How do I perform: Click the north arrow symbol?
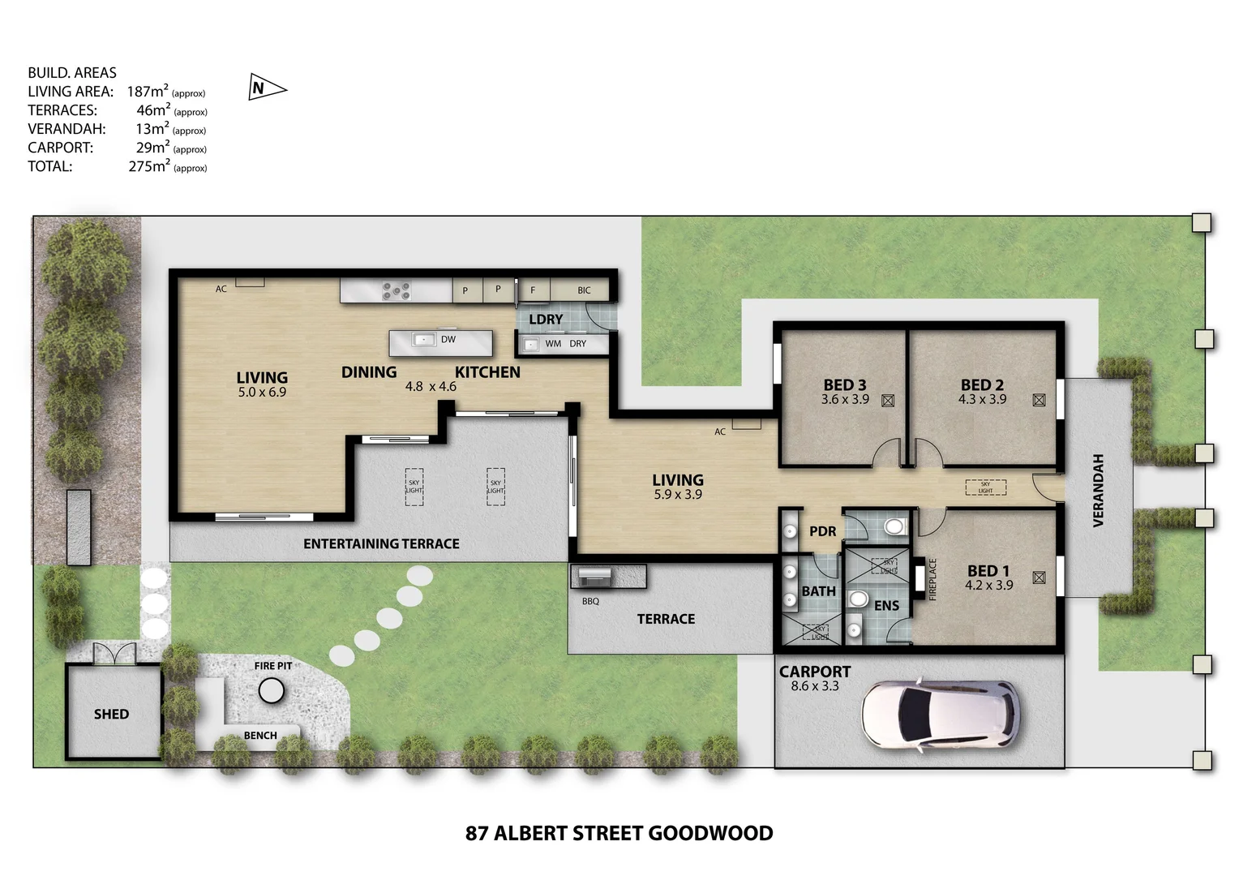click(265, 88)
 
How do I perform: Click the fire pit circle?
click(272, 691)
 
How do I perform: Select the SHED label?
click(111, 714)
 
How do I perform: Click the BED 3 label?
click(844, 384)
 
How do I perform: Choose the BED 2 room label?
click(982, 384)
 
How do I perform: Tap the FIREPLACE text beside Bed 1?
click(932, 579)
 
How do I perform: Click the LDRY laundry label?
click(546, 320)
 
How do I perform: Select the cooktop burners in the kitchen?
click(397, 290)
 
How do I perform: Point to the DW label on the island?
click(448, 340)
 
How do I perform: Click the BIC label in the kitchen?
click(584, 290)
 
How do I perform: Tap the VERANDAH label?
click(1099, 490)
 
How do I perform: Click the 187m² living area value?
click(148, 92)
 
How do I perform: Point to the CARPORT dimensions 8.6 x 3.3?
click(815, 686)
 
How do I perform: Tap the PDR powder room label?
click(822, 531)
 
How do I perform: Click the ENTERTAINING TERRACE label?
click(381, 543)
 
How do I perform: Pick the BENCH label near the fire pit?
click(260, 736)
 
